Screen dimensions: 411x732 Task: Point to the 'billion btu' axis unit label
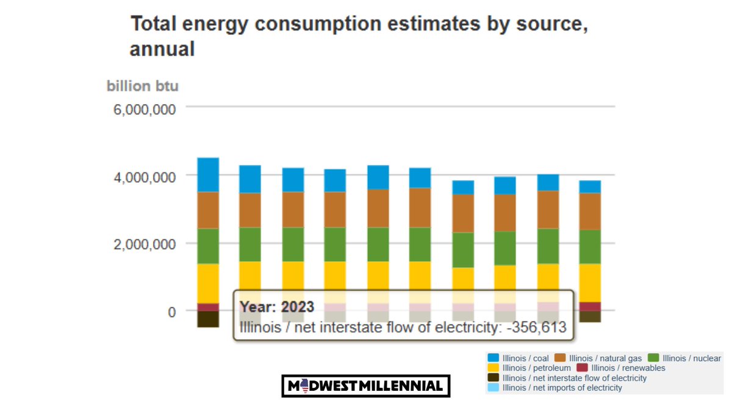click(x=143, y=86)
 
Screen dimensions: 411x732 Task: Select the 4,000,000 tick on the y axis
click(x=142, y=177)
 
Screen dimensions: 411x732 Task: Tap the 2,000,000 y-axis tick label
click(x=142, y=244)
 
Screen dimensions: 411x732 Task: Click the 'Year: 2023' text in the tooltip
click(x=276, y=306)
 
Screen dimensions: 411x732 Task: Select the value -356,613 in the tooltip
click(x=534, y=328)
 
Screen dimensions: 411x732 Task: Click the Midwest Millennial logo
click(x=365, y=386)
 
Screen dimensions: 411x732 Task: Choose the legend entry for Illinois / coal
click(x=518, y=358)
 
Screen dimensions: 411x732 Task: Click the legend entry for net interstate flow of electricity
click(x=567, y=378)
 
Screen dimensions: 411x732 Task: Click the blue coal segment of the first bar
click(x=208, y=175)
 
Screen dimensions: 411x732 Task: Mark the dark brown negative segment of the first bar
click(x=208, y=319)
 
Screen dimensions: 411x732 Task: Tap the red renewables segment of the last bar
click(x=590, y=306)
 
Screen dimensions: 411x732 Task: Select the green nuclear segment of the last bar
click(x=590, y=247)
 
